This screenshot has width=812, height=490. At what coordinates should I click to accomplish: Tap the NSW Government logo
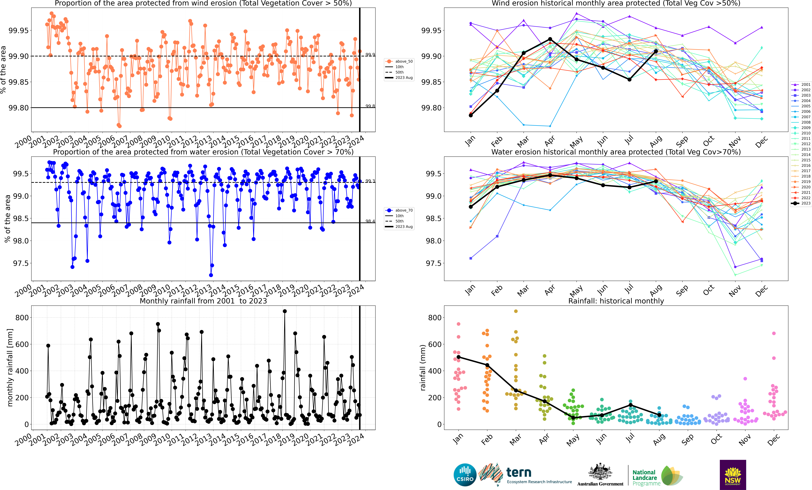click(733, 475)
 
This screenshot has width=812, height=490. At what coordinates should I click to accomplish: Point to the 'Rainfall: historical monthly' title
click(616, 301)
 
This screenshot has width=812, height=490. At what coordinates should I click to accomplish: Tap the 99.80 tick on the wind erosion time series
click(18, 108)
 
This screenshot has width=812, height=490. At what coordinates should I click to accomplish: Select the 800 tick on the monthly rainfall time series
click(22, 318)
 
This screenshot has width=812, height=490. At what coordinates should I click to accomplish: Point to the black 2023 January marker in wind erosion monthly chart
click(471, 115)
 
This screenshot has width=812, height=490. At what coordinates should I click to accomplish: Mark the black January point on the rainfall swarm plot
click(458, 357)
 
